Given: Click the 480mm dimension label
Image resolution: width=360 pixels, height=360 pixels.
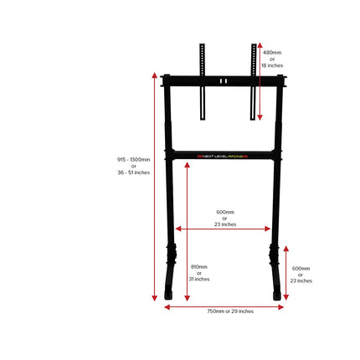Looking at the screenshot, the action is [272, 53].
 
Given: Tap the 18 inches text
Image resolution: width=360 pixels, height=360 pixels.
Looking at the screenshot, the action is [272, 65].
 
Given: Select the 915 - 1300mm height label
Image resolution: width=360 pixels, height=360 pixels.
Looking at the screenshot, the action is [133, 160].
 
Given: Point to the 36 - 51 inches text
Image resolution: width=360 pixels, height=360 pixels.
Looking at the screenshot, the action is [134, 172].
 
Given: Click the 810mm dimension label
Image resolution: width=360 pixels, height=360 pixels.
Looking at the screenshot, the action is [199, 267].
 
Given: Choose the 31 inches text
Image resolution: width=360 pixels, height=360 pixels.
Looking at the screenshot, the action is [199, 279].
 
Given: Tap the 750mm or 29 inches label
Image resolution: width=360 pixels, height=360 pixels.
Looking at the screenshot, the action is [230, 311].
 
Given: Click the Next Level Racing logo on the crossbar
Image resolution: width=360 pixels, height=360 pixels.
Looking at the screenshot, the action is [223, 157].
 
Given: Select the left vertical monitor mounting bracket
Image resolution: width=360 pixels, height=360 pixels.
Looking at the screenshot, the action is [203, 82].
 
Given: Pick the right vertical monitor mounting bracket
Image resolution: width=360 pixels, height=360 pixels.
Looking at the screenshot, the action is [253, 82].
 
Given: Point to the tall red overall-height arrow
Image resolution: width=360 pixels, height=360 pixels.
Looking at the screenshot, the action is [154, 187].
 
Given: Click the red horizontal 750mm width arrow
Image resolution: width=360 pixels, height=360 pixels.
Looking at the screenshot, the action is [224, 307].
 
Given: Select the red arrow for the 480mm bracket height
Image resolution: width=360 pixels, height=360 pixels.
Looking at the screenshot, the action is [260, 81].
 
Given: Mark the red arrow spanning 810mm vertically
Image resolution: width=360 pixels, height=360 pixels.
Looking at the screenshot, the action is [188, 232].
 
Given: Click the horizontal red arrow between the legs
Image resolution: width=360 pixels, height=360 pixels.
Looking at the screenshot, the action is [223, 229].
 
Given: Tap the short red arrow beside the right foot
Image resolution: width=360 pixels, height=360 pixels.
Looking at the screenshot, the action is [286, 273].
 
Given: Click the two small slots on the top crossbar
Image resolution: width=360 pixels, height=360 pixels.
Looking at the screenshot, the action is [223, 81].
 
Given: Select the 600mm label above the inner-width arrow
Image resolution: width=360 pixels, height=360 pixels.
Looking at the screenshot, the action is [225, 212].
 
